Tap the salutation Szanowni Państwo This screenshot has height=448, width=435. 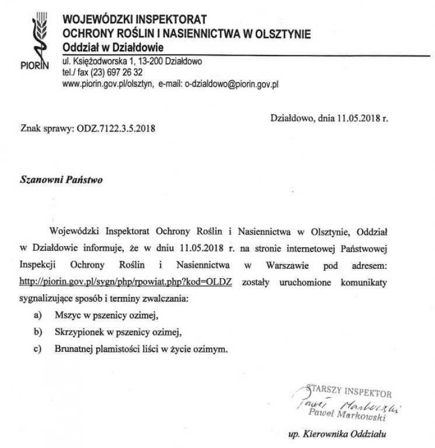click(x=61, y=181)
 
